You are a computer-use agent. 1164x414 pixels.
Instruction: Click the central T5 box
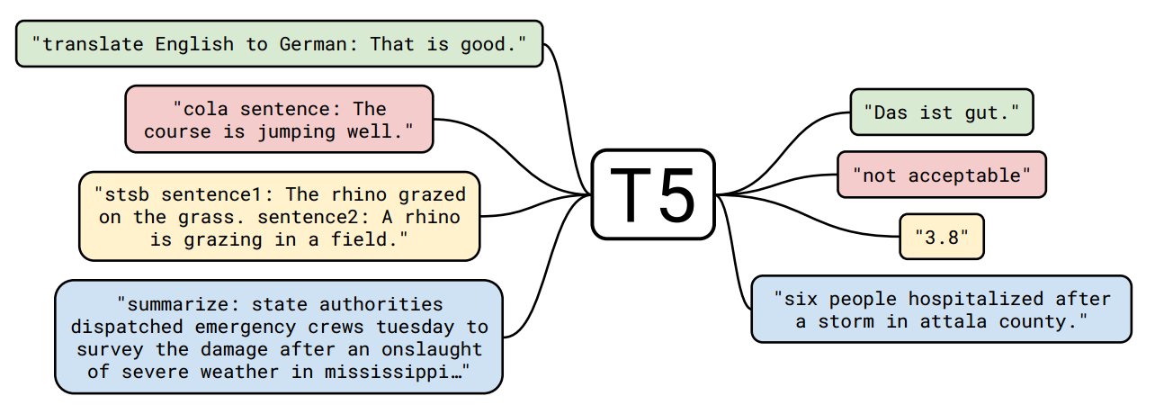(653, 194)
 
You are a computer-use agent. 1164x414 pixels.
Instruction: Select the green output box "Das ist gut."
(941, 112)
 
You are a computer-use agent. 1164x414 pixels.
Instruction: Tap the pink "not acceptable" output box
(941, 175)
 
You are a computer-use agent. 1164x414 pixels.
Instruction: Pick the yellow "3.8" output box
(941, 237)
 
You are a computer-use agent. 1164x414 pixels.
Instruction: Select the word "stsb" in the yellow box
(122, 194)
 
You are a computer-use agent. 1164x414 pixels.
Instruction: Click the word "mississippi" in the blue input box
(400, 371)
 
